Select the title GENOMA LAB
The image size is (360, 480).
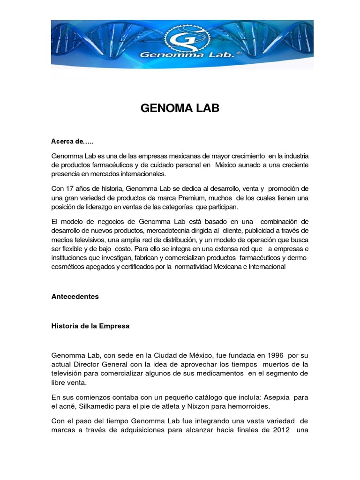coord(180,109)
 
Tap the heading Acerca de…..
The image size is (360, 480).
coord(72,141)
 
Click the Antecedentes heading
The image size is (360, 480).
coord(75,297)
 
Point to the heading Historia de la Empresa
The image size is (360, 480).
coord(90,326)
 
